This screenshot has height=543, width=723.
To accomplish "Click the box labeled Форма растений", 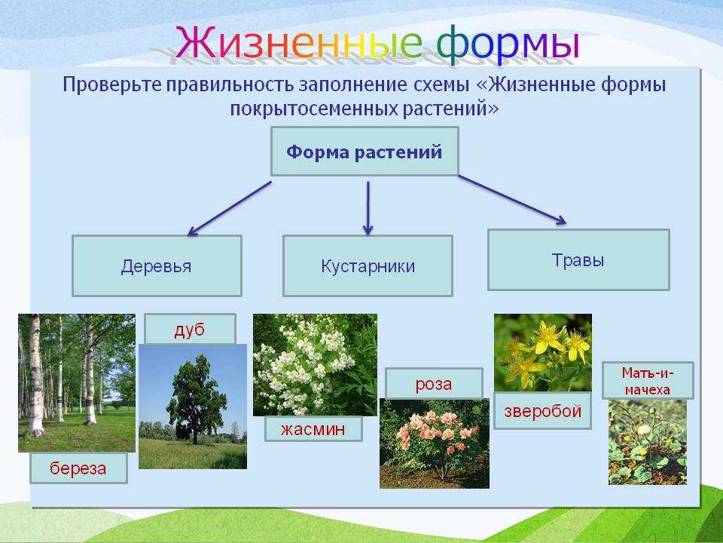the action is point(365,152).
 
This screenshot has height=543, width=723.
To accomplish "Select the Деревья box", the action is point(157,265).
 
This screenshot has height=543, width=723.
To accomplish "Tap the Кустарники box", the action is point(368,265).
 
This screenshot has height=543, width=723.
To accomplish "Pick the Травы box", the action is point(578,259).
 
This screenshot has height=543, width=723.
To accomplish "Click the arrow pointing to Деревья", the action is point(229,209).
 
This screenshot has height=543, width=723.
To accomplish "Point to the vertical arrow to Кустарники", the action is point(368,208).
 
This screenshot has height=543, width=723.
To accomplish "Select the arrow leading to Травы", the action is point(512,200).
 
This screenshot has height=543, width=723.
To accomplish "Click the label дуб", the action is point(190,330).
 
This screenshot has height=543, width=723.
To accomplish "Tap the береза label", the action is point(78,468).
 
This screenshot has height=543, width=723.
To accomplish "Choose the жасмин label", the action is point(313,429).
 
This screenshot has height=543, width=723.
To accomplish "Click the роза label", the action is point(434,383).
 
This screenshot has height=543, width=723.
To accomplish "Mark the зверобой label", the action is point(542,411).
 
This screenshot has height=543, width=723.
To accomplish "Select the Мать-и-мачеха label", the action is point(648,380).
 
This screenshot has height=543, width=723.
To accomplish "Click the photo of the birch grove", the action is point(77,383).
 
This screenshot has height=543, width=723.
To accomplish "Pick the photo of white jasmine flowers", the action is point(315,365).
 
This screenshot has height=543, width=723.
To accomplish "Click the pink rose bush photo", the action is point(435,443).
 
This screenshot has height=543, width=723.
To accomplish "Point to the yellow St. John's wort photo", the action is point(543,353).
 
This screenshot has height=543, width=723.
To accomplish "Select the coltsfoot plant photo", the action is point(648,442).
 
